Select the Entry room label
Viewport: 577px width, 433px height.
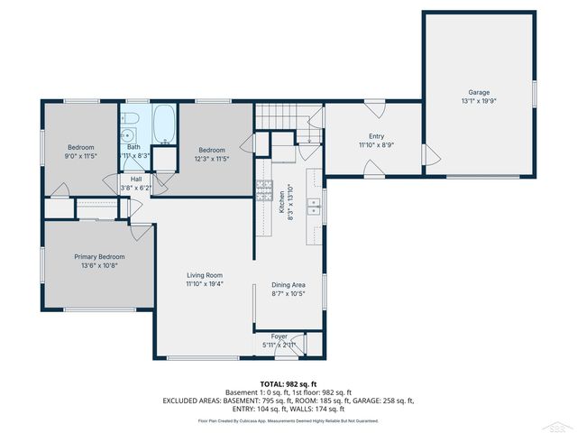pyautogui.click(x=376, y=136)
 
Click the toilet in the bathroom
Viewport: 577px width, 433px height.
pyautogui.click(x=129, y=120)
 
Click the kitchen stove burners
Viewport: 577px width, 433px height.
pyautogui.click(x=265, y=189)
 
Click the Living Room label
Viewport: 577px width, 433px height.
pyautogui.click(x=205, y=275)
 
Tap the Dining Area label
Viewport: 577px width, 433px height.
pyautogui.click(x=288, y=284)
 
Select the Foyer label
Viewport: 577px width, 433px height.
pyautogui.click(x=279, y=336)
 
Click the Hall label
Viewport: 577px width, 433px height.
pyautogui.click(x=136, y=179)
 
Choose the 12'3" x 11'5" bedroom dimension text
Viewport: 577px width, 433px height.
pyautogui.click(x=212, y=159)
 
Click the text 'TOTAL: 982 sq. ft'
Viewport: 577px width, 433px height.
pyautogui.click(x=288, y=384)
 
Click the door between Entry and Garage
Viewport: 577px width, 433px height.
pyautogui.click(x=426, y=155)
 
